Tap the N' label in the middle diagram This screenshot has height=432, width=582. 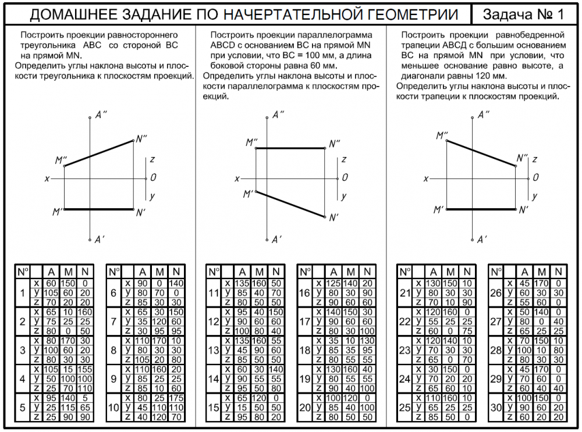[333, 218]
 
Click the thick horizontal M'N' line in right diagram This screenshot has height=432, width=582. [481, 208]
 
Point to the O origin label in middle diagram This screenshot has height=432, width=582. [345, 177]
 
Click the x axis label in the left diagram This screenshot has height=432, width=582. [47, 178]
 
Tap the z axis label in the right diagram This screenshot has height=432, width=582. [534, 159]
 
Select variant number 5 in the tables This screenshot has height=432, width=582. [22, 407]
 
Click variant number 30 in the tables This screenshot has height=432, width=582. [496, 407]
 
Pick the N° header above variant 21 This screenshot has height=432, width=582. [404, 272]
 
